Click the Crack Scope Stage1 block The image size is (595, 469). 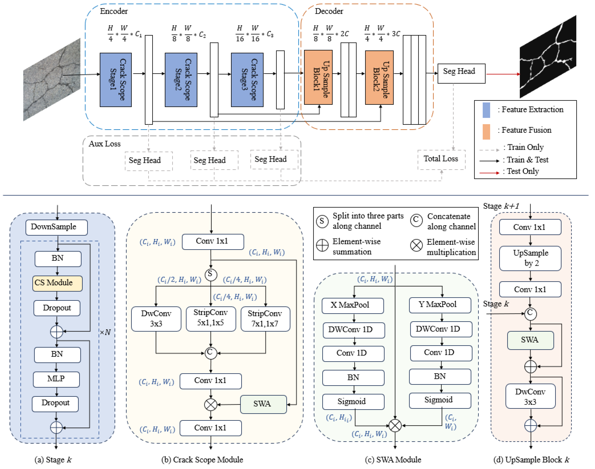115,80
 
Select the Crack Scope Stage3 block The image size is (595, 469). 247,80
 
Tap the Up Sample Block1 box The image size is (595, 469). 318,77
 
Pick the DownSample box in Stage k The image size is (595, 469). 57,227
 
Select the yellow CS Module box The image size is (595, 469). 57,283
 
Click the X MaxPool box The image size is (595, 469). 353,305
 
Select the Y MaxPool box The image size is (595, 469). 440,305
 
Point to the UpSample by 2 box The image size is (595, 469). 530,258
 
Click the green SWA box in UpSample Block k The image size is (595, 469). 530,340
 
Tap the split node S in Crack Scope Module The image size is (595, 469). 211,274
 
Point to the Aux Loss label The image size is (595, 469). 105,144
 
